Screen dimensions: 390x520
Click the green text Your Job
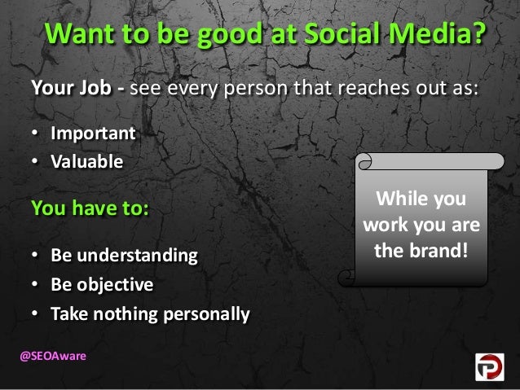[x=73, y=89]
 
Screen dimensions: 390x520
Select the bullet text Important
[x=92, y=132]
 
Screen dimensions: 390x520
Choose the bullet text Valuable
[x=87, y=160]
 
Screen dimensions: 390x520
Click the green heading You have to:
[x=90, y=207]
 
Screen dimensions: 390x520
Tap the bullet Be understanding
[x=124, y=256]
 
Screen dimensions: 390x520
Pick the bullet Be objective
[x=102, y=285]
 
